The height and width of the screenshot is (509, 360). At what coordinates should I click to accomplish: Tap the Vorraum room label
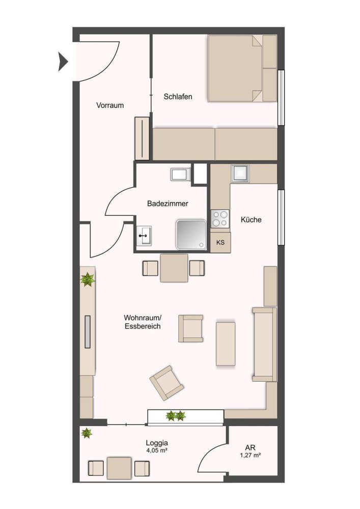110,105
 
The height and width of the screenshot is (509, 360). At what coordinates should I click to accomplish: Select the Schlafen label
178,96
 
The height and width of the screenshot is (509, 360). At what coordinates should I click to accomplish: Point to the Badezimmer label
168,204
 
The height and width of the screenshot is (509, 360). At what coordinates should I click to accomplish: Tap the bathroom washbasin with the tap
145,236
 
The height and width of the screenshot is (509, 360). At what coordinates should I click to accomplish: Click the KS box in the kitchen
220,243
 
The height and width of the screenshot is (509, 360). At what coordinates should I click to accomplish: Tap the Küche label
251,220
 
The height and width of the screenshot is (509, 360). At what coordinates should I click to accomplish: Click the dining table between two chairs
174,268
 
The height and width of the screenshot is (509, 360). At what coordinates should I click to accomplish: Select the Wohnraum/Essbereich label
143,322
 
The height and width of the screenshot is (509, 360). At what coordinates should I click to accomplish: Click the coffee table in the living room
226,343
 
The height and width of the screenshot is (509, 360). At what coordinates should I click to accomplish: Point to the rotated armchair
167,382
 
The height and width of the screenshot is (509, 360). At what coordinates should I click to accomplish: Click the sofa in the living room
264,344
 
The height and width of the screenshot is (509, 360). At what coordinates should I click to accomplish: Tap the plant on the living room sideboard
88,279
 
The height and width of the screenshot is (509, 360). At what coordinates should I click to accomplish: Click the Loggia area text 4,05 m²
156,450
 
